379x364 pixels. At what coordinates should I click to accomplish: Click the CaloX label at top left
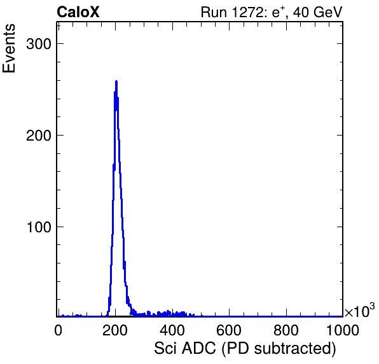78,12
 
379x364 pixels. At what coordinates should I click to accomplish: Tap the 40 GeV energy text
317,12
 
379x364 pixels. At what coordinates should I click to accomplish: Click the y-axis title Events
9,48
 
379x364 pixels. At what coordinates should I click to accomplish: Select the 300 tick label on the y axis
39,44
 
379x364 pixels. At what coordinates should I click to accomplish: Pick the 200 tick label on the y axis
39,136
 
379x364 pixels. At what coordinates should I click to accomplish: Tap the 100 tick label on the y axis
39,227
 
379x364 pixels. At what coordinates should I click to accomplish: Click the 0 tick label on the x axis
58,330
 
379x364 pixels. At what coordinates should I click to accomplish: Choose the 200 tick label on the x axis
115,330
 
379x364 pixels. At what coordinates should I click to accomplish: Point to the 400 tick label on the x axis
172,330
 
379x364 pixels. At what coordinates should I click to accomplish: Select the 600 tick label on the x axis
229,330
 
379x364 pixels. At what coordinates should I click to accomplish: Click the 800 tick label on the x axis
286,330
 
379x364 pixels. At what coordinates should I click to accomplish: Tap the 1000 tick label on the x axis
343,330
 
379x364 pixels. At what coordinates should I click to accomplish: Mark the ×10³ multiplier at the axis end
360,310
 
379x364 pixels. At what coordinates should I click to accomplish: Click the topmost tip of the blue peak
116,81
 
